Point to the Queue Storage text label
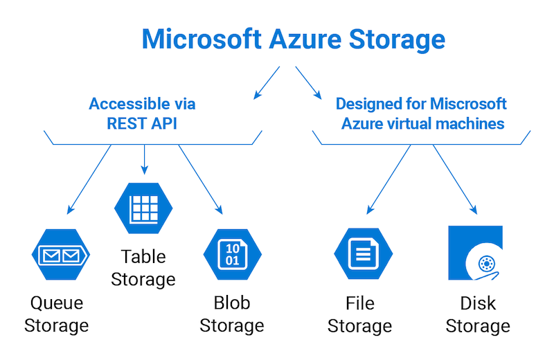56,314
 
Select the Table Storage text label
143,268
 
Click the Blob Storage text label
232,314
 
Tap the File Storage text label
360,314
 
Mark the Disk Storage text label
478,314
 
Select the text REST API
142,124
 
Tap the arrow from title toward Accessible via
266,82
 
